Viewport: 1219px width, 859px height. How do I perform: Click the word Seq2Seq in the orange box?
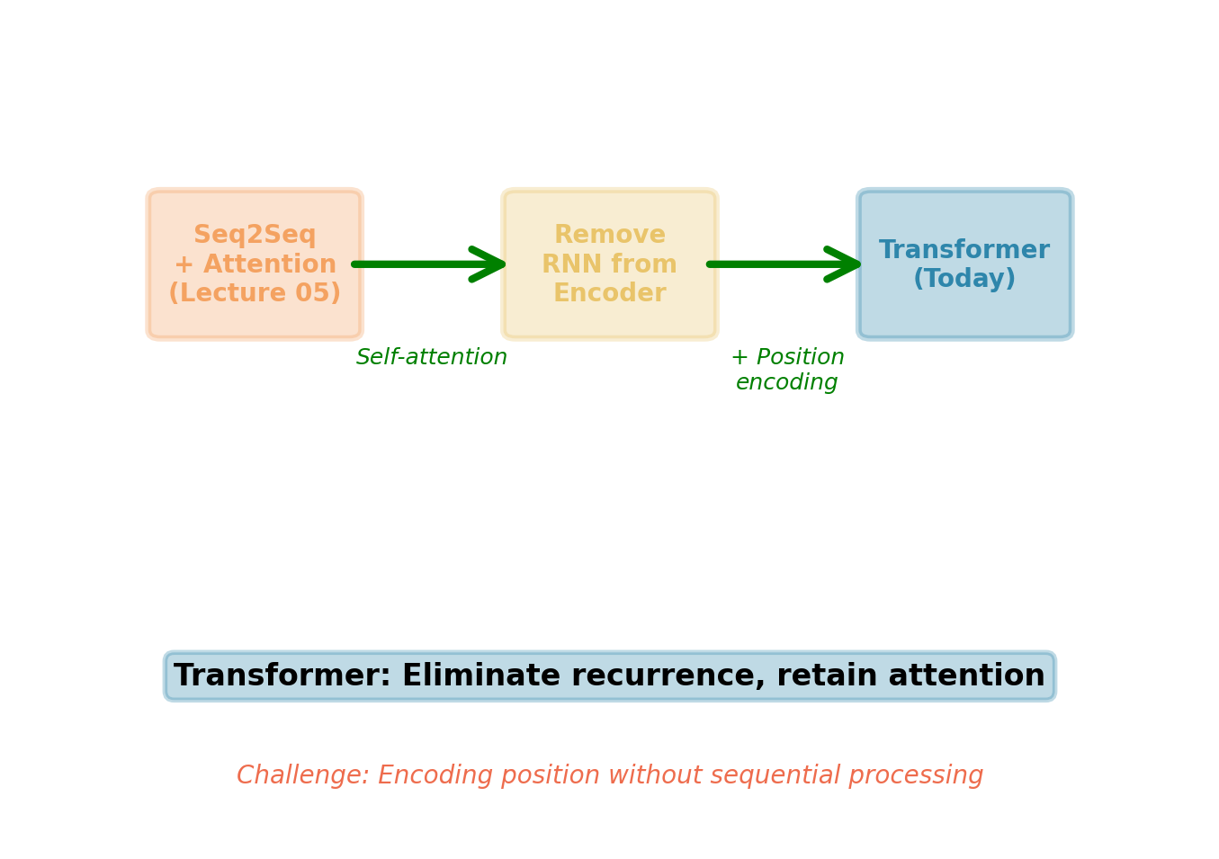coord(255,236)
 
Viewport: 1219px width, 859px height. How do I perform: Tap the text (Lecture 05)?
coord(255,294)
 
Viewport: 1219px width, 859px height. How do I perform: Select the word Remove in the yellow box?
coord(609,236)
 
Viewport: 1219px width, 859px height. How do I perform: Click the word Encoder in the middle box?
coord(609,294)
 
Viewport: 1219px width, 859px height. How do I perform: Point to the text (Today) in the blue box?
coord(964,280)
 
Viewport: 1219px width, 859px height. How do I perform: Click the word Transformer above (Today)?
coord(964,250)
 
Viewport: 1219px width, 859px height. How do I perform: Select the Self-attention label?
coord(432,358)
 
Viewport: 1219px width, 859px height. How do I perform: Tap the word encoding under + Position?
coord(786,383)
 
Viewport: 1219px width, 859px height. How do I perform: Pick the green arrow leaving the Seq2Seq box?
coord(430,264)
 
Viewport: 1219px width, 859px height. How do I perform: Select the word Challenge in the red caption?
coord(301,776)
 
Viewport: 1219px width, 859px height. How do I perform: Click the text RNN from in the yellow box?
coord(609,265)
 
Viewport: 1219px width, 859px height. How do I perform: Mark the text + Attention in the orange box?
coord(255,265)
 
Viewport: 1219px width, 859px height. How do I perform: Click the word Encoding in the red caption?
coord(431,776)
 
